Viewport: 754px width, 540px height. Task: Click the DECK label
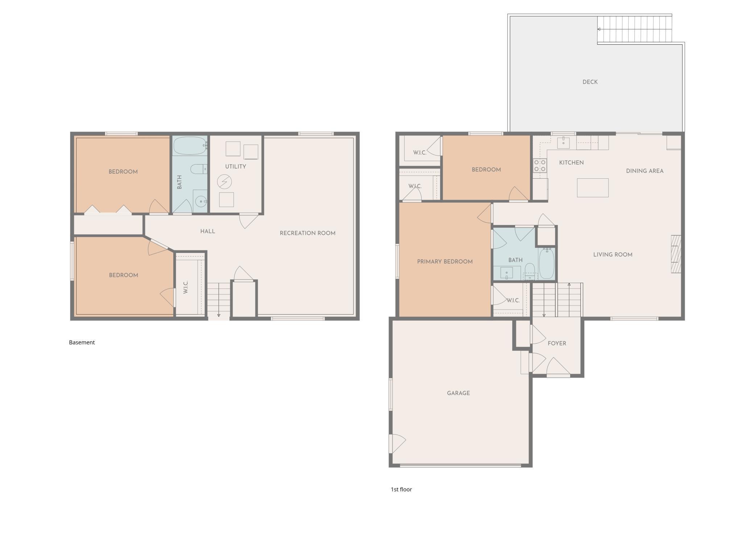click(x=590, y=82)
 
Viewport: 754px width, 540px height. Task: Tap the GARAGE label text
click(x=458, y=393)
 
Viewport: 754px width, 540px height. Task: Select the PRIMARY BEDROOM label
click(x=444, y=261)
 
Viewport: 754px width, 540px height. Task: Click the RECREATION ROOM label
click(x=307, y=233)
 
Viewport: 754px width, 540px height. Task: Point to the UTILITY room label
click(x=235, y=166)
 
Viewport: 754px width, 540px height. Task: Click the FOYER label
click(x=556, y=343)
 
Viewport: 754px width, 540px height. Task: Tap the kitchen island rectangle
click(x=592, y=187)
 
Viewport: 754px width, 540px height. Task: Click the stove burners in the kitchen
click(x=539, y=165)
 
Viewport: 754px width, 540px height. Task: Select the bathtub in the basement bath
click(x=190, y=146)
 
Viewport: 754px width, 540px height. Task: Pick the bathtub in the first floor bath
click(x=546, y=263)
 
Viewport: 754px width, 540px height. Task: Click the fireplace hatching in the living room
click(x=676, y=254)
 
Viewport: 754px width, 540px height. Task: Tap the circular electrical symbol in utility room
click(x=224, y=182)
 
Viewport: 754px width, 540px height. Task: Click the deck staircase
click(x=634, y=29)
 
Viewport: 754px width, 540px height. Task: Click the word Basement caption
click(x=82, y=342)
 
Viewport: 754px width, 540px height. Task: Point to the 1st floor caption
click(x=401, y=489)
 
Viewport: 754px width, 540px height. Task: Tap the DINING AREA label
click(x=644, y=171)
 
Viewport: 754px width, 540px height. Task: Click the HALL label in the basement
click(x=207, y=231)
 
